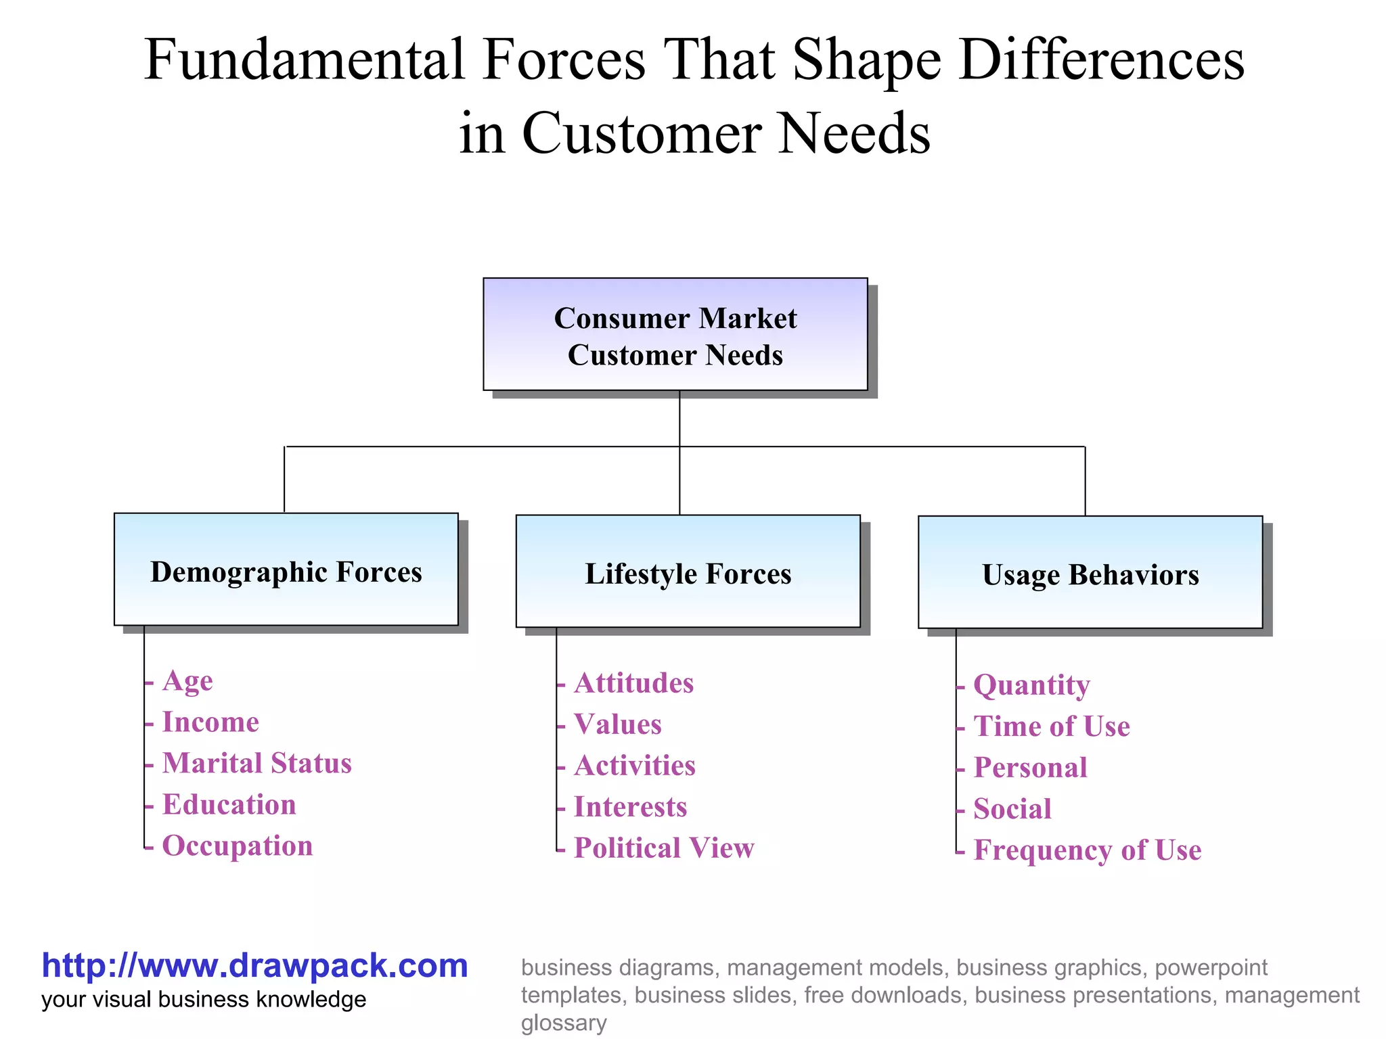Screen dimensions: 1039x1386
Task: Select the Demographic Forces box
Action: [286, 570]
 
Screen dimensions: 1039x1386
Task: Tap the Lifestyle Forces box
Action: [688, 572]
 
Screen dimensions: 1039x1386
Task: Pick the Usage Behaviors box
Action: [1090, 573]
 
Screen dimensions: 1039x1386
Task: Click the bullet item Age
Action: [187, 680]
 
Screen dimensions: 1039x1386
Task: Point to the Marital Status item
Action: [256, 763]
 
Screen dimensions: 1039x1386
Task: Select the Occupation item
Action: [238, 846]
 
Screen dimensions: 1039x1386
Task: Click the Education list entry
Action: [229, 804]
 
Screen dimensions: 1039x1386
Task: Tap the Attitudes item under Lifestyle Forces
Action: [633, 683]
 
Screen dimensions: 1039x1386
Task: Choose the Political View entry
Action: [664, 848]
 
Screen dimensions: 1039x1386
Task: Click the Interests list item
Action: [630, 807]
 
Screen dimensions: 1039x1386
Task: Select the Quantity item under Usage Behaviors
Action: [1031, 685]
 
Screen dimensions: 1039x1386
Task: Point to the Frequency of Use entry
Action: [1087, 850]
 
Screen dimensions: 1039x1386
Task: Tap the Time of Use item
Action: [1052, 726]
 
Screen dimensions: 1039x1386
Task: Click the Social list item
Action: [1012, 809]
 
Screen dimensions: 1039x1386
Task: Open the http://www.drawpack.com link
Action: [254, 965]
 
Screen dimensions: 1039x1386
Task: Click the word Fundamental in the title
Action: [305, 61]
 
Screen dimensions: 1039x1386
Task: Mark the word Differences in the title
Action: [1101, 61]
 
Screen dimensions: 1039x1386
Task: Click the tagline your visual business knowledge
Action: [204, 1000]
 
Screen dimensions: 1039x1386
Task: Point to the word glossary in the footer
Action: [563, 1023]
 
